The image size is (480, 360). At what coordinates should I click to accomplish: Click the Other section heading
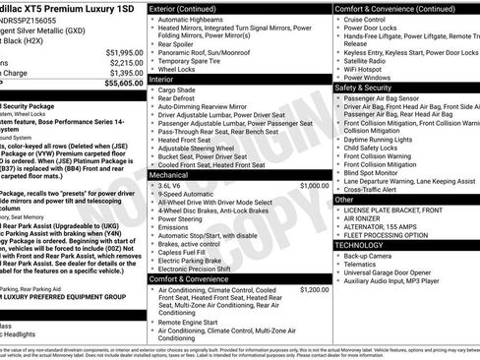344,199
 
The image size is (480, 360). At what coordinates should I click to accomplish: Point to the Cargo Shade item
183,90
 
